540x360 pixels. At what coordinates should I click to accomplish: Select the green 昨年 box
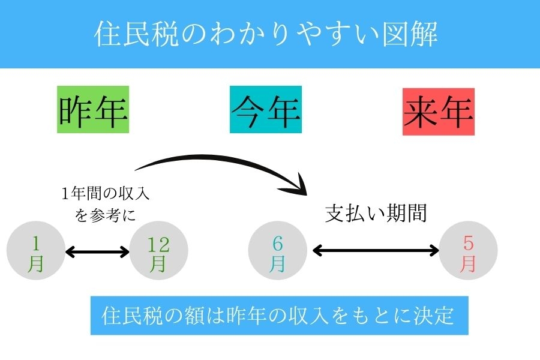click(x=93, y=111)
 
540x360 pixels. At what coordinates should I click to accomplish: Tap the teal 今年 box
click(x=266, y=111)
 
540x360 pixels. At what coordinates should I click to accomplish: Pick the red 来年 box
click(x=439, y=111)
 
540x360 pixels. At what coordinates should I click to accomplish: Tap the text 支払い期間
click(x=376, y=214)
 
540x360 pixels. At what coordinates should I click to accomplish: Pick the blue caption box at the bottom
click(x=279, y=315)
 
